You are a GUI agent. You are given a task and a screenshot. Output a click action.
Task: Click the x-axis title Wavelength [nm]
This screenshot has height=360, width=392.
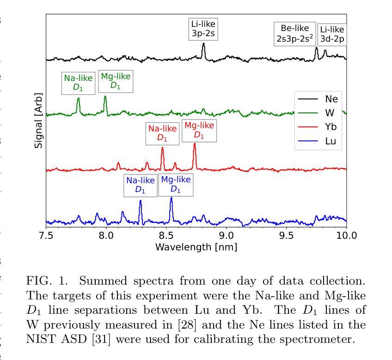click(x=196, y=247)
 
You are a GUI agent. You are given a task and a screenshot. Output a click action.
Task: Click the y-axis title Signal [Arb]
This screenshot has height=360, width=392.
click(x=39, y=120)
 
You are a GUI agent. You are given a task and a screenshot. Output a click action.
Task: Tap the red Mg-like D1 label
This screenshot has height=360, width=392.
click(x=199, y=130)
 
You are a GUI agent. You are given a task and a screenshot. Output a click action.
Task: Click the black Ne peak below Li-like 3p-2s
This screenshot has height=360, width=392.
click(x=203, y=45)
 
